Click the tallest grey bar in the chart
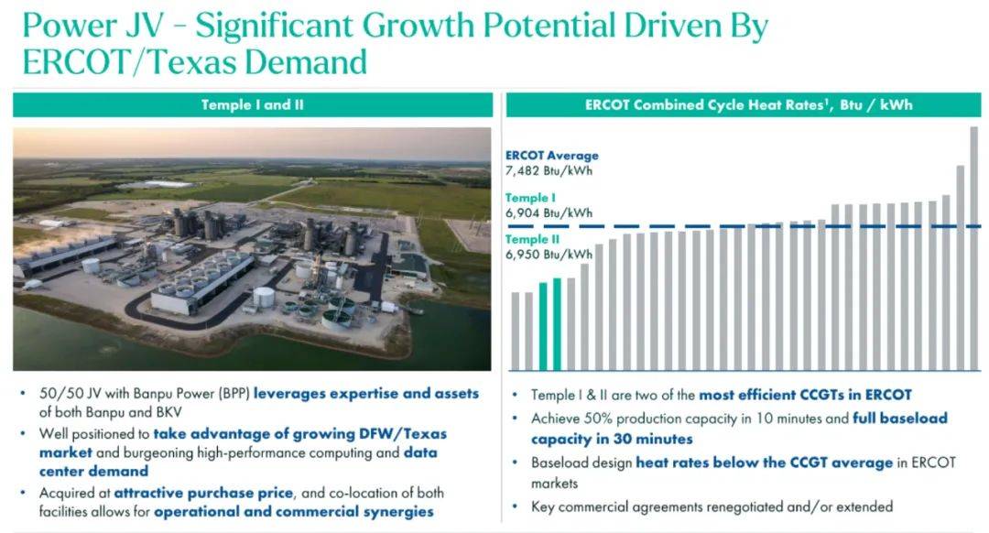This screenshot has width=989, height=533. (x=973, y=248)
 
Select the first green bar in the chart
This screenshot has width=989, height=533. (x=543, y=326)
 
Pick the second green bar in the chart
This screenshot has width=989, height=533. (x=557, y=324)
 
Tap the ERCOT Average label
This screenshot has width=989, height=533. (x=552, y=155)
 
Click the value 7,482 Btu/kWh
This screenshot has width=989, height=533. (x=549, y=170)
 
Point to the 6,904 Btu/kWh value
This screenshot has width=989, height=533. (x=549, y=212)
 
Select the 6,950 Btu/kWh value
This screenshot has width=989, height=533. (x=549, y=255)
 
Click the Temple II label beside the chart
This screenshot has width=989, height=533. (x=532, y=239)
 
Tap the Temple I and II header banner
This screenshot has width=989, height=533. (x=253, y=104)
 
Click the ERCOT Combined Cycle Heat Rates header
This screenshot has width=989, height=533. (x=743, y=104)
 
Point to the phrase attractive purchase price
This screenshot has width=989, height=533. (x=203, y=493)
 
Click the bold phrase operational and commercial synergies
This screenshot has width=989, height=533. (x=294, y=512)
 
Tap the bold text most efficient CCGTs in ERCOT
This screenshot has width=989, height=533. (x=806, y=395)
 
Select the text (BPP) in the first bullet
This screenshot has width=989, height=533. (x=234, y=394)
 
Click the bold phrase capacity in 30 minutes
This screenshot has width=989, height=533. (x=612, y=439)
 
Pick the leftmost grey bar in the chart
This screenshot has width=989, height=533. (x=516, y=332)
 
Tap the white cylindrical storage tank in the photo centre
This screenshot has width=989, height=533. (x=264, y=297)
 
